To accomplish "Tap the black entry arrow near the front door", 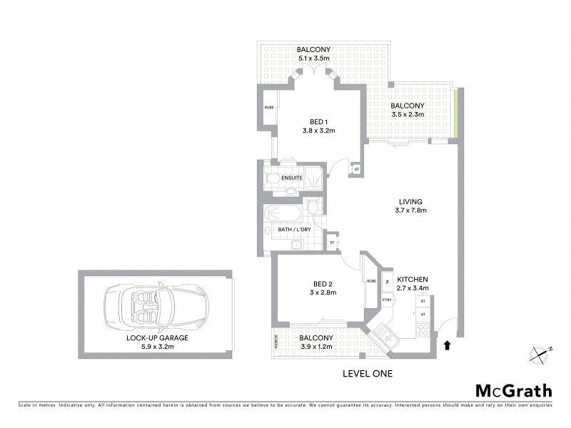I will coord(448,346).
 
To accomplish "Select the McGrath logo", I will coord(513,390).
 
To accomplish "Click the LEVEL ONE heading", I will coord(368,373).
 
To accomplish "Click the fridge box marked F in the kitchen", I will coord(388,281).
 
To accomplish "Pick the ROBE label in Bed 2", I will coord(371,281).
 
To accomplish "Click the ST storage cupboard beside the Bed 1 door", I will coord(357,170).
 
